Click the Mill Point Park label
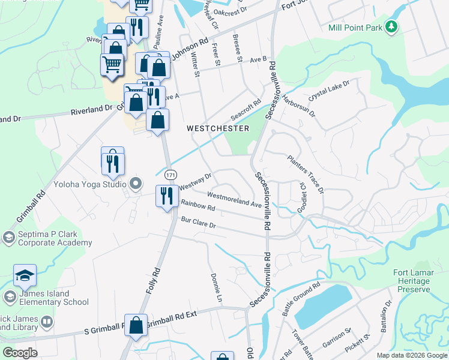click(x=355, y=28)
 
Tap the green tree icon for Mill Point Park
click(x=391, y=26)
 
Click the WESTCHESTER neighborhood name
click(x=217, y=128)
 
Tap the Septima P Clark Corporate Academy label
click(x=54, y=239)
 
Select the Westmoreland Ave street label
click(x=235, y=199)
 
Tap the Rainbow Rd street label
click(x=197, y=206)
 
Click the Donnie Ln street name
click(x=216, y=288)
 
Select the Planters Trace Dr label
click(x=306, y=175)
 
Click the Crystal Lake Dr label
click(x=328, y=91)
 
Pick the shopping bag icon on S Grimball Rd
click(x=136, y=325)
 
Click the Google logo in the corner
click(x=20, y=353)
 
